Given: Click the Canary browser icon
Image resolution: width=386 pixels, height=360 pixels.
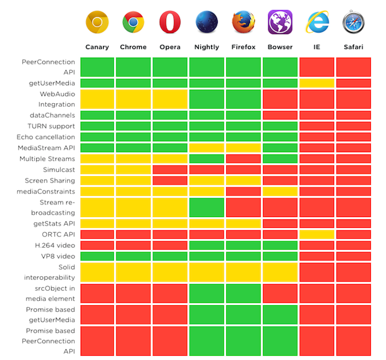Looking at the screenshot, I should pos(96,22).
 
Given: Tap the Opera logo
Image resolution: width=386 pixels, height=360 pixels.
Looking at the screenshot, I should pos(170,22).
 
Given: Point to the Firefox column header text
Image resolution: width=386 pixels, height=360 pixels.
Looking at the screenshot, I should pos(243,47).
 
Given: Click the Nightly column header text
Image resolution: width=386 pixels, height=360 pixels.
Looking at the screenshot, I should pos(206,47).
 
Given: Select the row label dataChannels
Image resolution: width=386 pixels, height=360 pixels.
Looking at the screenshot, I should pos(52,115).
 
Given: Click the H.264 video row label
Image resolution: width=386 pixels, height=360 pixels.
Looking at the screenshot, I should pos(54,245).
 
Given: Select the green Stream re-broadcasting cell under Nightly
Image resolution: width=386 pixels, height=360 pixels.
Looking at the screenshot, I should pos(206,207).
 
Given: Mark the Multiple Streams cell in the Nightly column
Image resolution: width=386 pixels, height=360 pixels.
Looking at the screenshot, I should pos(206,159).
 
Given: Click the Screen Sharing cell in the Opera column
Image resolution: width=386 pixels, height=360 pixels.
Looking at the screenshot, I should pos(170,180).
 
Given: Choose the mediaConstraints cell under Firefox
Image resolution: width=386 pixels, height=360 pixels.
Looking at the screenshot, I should pos(243,191).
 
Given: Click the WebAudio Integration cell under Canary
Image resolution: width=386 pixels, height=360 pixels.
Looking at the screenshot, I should pos(96,99).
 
